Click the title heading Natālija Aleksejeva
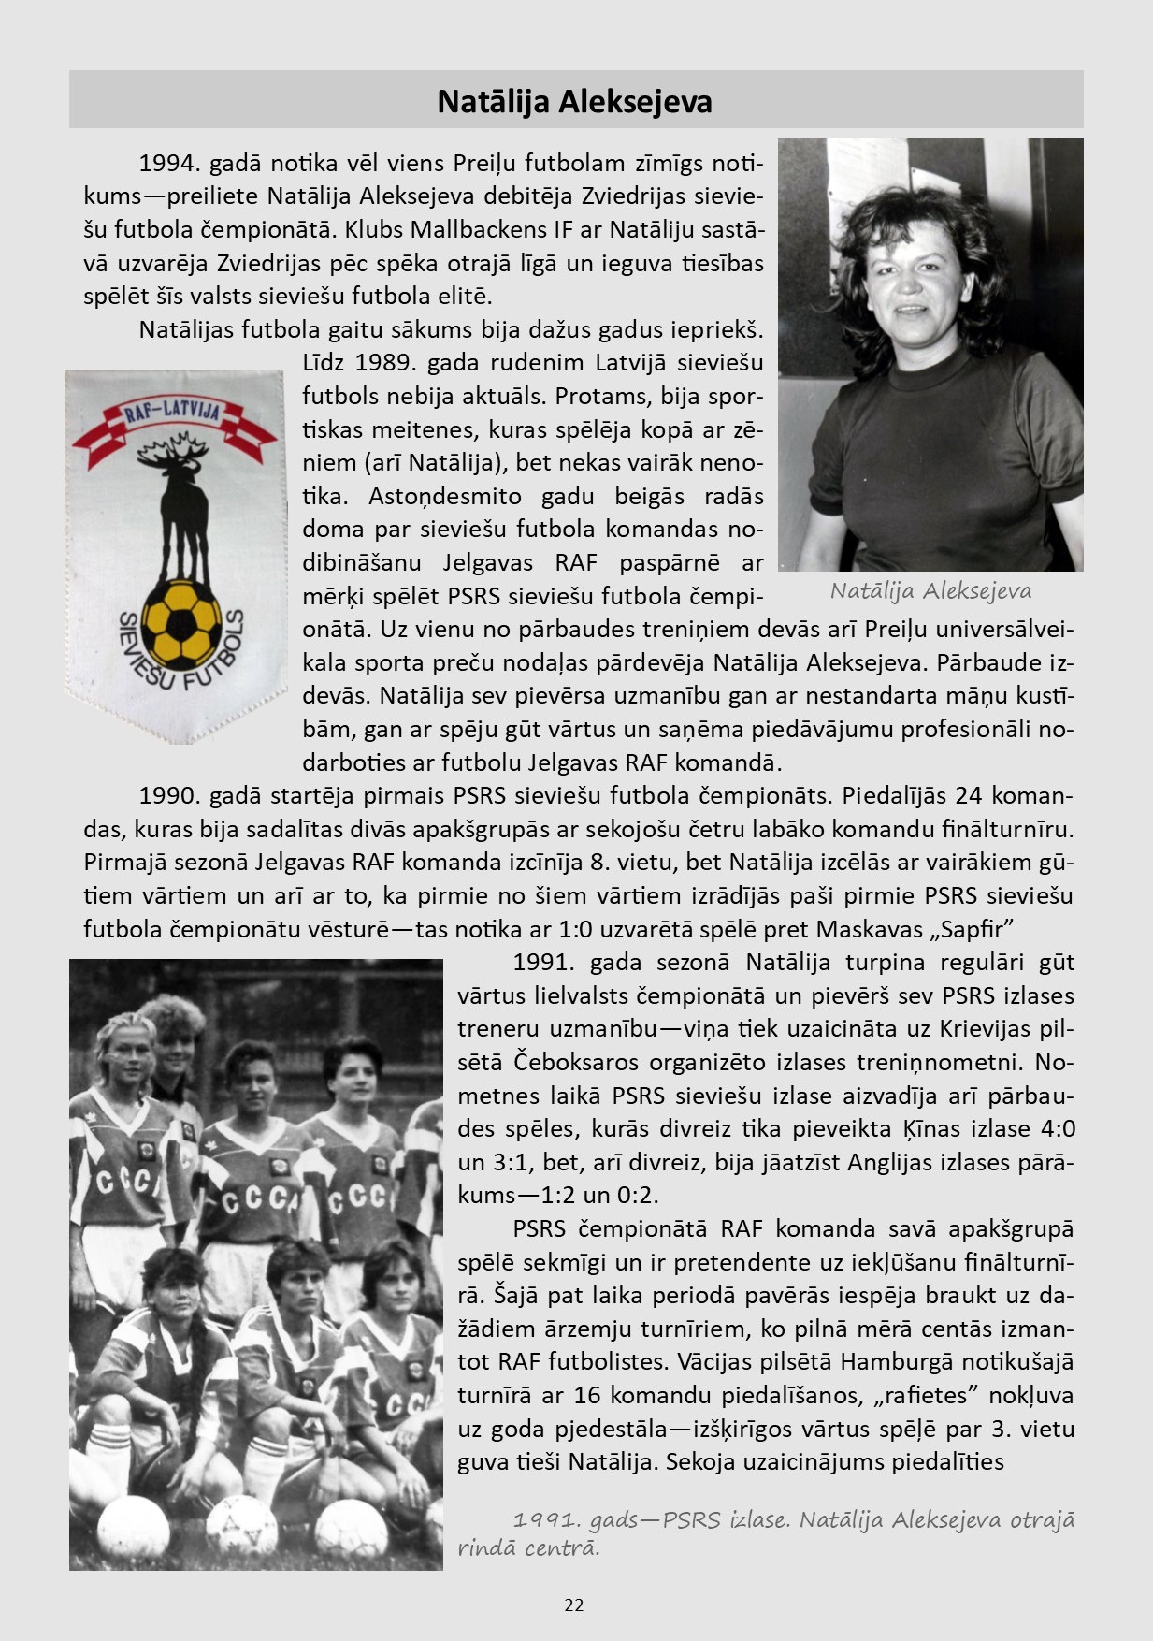(x=575, y=101)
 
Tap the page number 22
(x=574, y=1605)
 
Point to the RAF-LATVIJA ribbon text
(x=173, y=413)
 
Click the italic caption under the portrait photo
(x=930, y=591)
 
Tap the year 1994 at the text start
(x=165, y=163)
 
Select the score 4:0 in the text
(x=1050, y=1128)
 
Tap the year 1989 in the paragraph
(x=384, y=362)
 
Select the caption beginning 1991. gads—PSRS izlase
(x=765, y=1520)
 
